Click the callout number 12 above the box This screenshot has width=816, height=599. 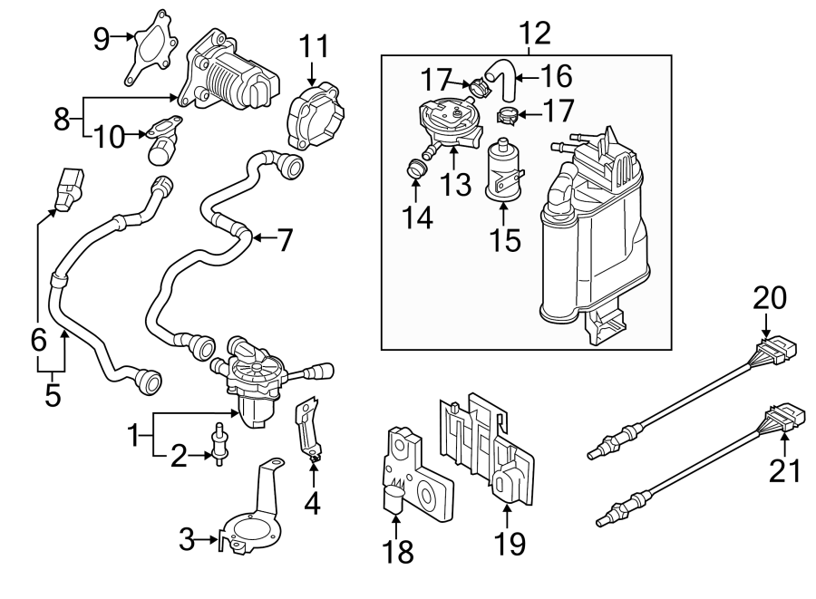535,34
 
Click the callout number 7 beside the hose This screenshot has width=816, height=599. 284,239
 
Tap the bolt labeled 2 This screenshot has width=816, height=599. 218,443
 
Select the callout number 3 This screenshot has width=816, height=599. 186,541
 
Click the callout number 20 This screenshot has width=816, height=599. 769,298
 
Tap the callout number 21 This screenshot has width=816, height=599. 785,470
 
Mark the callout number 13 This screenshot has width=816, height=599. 456,185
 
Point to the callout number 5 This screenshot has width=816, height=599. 53,396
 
